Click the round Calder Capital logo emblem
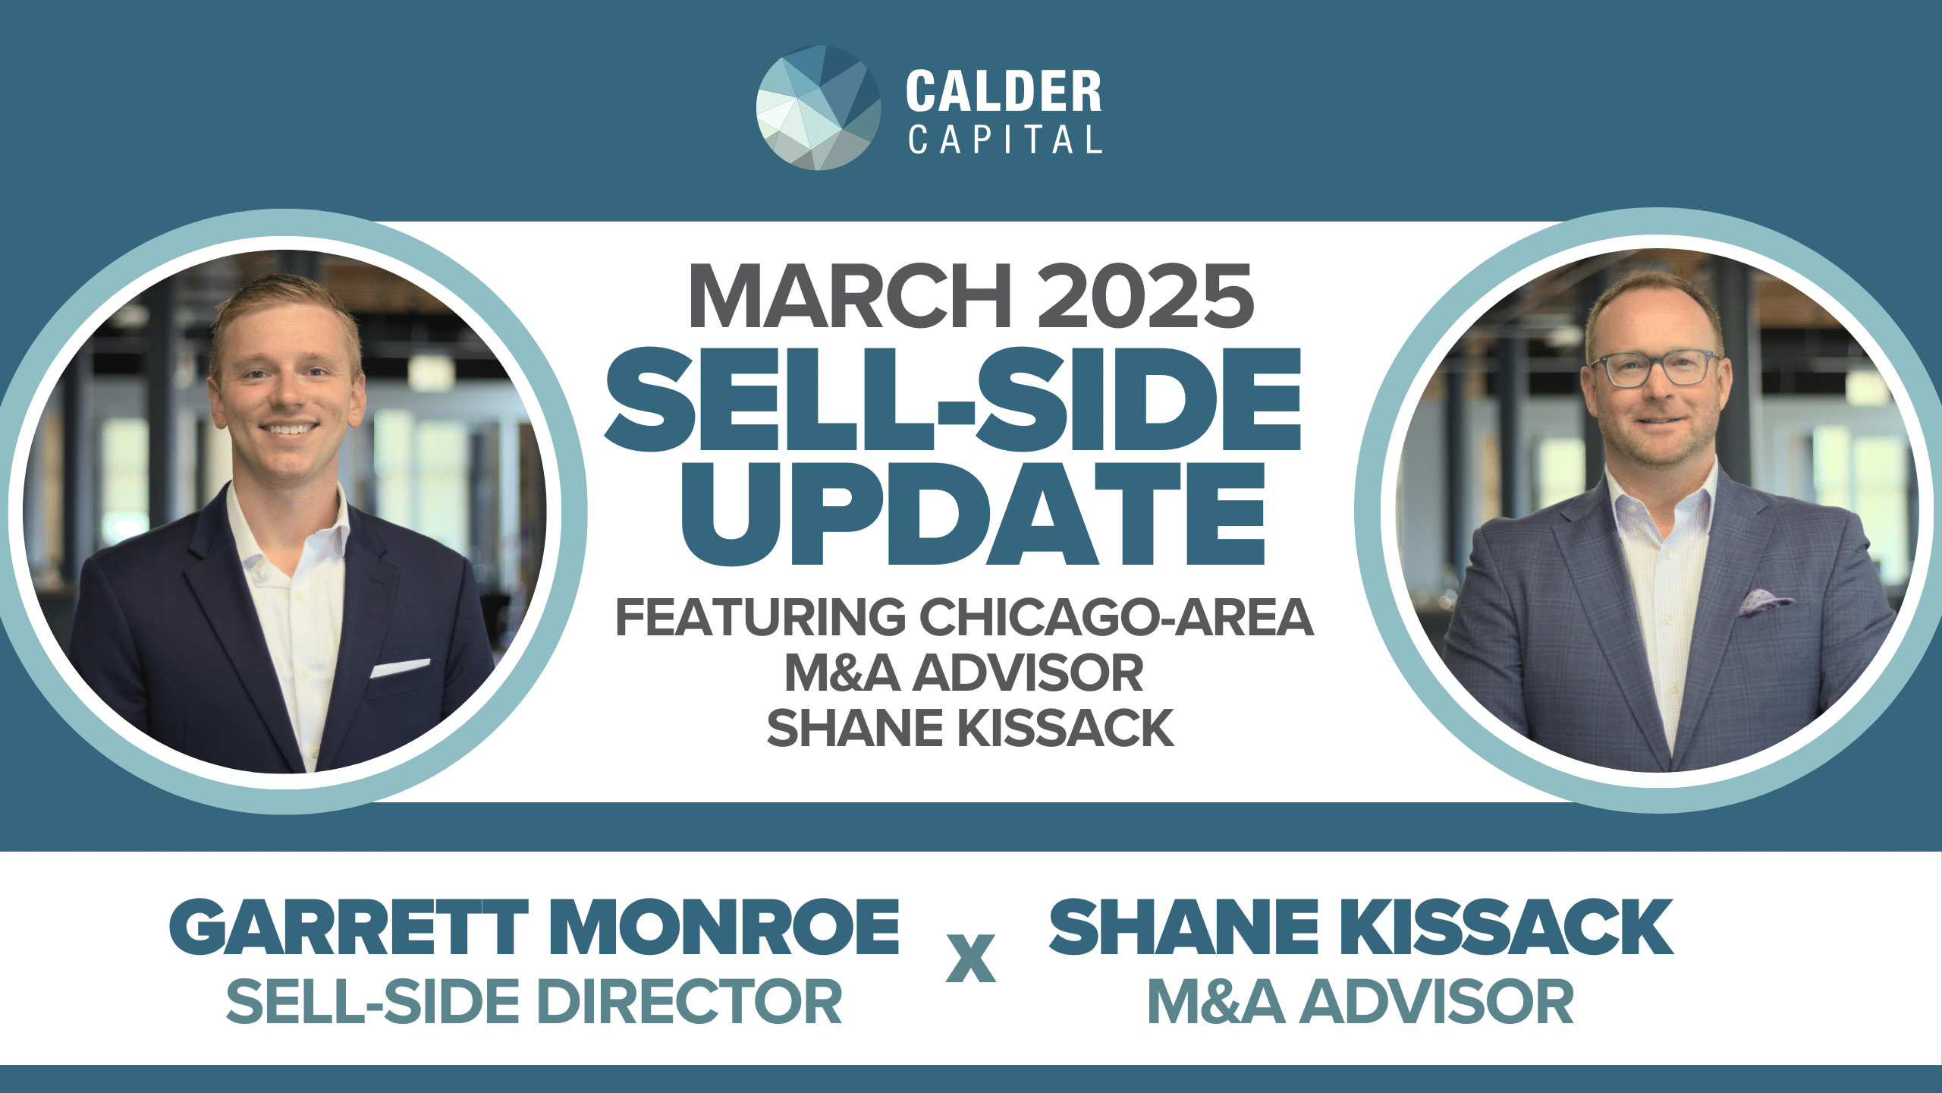click(x=819, y=107)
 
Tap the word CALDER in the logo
click(x=1004, y=92)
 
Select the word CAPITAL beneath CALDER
click(x=1005, y=140)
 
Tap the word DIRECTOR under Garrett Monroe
click(x=690, y=1001)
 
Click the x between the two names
click(x=971, y=958)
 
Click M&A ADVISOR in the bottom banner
click(x=1360, y=1001)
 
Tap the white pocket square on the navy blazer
click(x=400, y=668)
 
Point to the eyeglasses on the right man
click(x=1656, y=369)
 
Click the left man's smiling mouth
click(x=288, y=430)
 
